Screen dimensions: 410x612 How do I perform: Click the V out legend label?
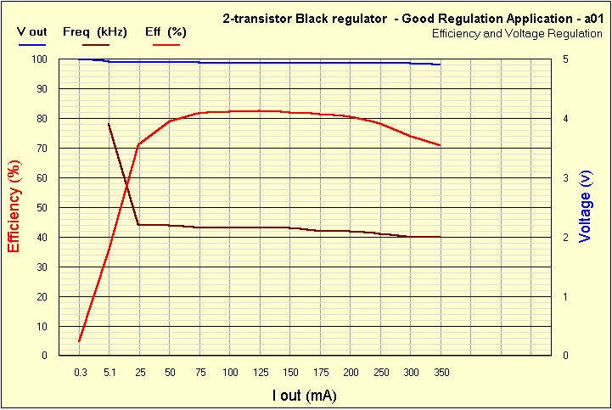tap(33, 31)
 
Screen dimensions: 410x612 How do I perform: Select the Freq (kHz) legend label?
tap(95, 31)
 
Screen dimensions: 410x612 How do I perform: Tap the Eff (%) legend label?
tap(166, 31)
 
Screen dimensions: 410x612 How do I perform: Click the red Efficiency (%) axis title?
tap(14, 207)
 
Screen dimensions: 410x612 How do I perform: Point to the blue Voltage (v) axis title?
tap(585, 206)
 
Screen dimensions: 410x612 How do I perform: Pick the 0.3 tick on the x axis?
tap(80, 373)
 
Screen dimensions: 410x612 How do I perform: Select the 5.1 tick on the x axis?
tap(109, 373)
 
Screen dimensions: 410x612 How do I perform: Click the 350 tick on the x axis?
tap(441, 373)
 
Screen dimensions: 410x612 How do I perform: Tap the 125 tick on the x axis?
tap(260, 373)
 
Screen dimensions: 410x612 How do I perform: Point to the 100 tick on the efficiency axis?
tap(39, 59)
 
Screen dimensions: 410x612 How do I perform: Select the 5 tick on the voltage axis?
tap(566, 59)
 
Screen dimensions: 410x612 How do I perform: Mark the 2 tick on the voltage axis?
tap(566, 238)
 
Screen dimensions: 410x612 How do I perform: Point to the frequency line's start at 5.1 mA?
tap(109, 124)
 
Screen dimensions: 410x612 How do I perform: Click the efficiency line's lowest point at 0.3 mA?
tap(79, 341)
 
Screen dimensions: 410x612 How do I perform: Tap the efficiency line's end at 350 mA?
tap(441, 146)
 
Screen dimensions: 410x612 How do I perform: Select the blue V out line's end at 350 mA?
tap(441, 65)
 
